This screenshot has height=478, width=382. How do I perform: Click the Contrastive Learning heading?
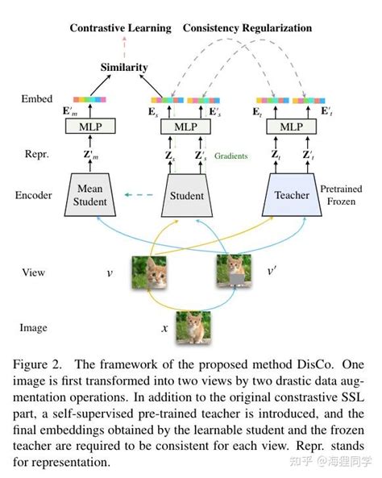[120, 28]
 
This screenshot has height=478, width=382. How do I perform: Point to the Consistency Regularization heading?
[247, 28]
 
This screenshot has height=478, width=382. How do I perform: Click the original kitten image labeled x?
[194, 328]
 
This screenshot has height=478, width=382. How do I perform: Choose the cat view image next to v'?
[233, 272]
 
